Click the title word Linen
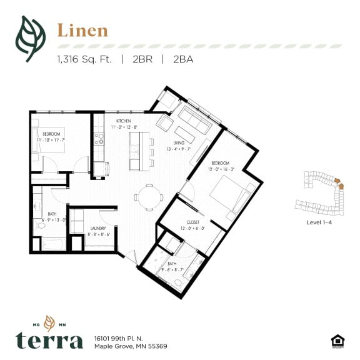[82, 30]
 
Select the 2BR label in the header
[145, 61]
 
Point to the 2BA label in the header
[184, 61]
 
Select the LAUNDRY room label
[99, 229]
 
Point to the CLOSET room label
[193, 222]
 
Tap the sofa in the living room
[194, 119]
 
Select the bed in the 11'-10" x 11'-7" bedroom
[39, 146]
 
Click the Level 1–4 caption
[319, 222]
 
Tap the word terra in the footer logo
[49, 340]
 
